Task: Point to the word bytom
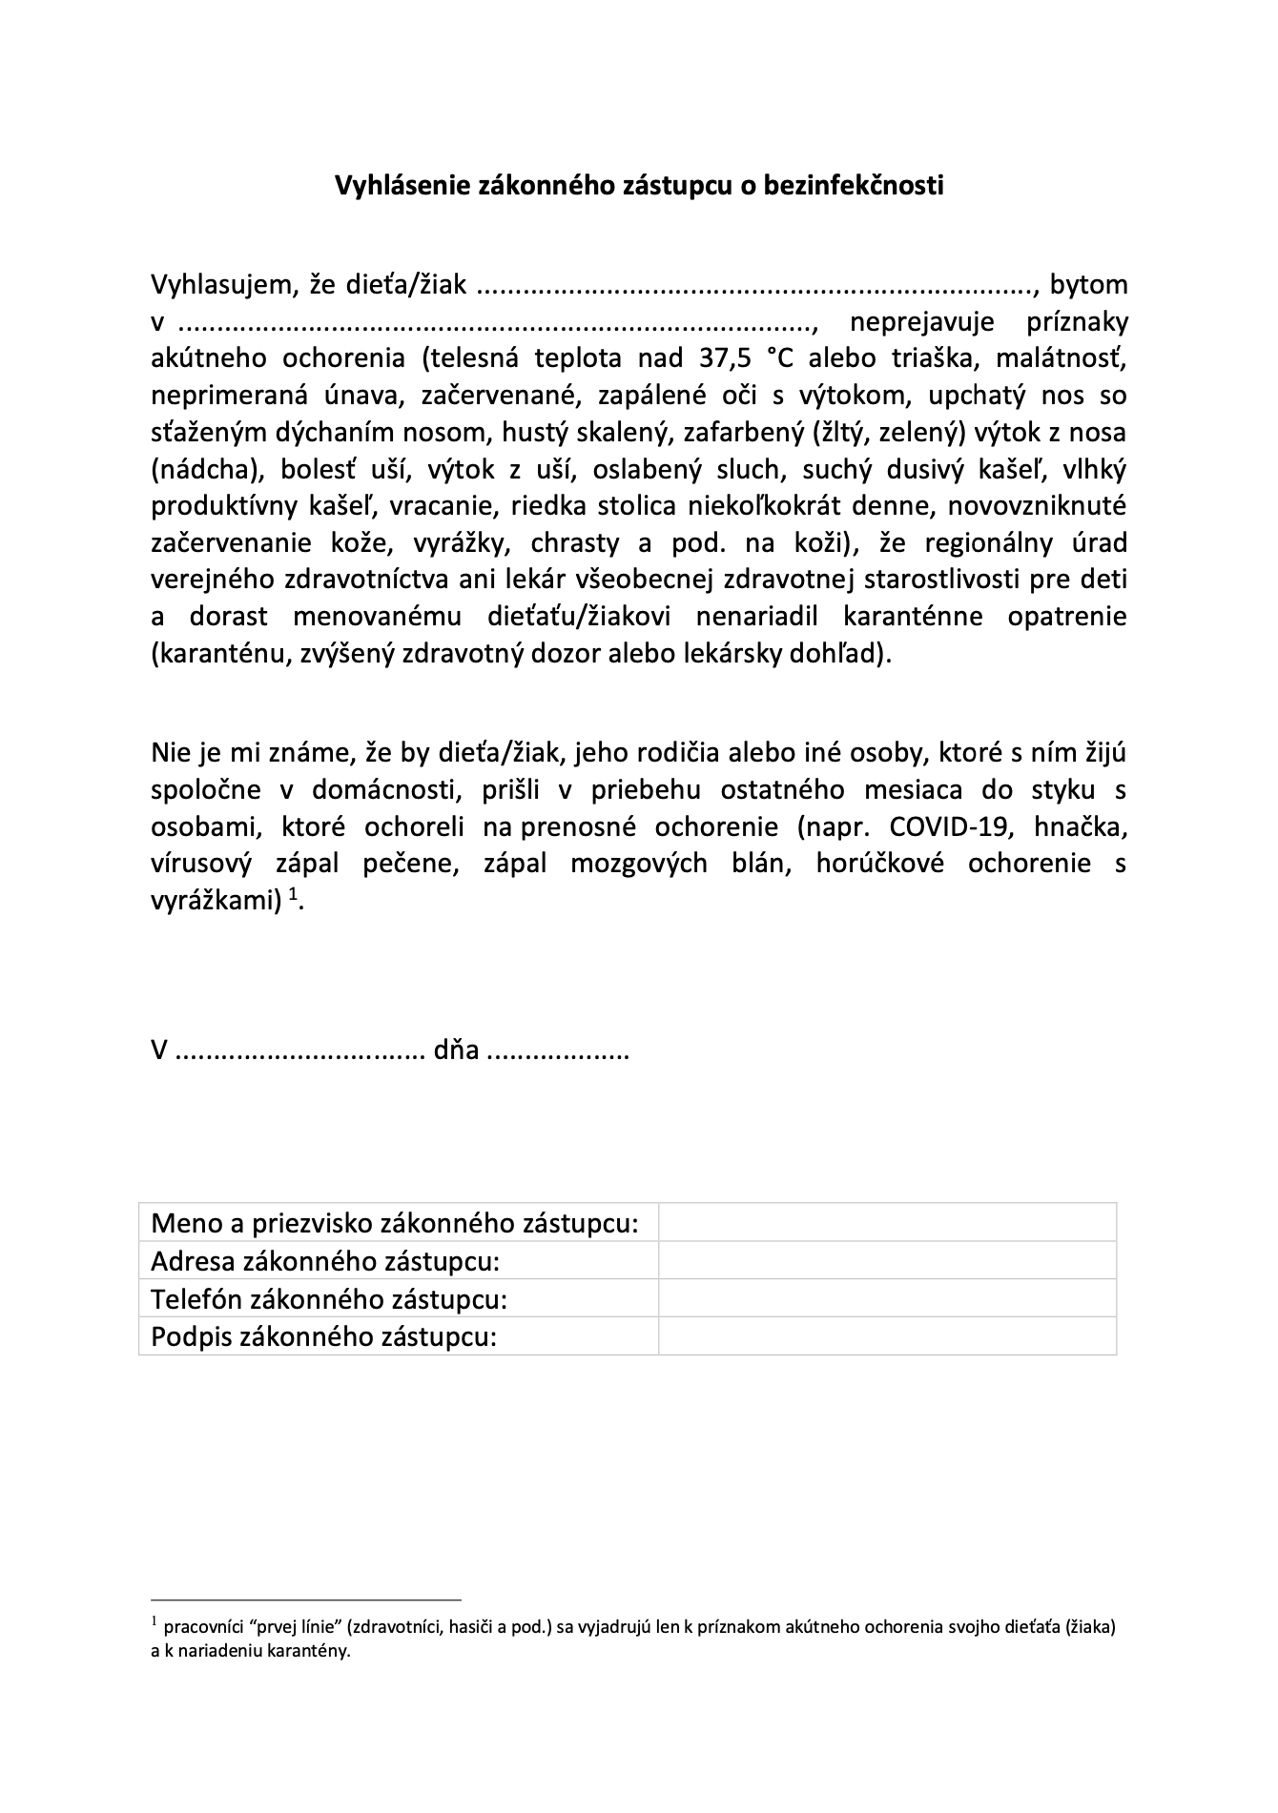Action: [1088, 284]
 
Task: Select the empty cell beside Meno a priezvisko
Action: [887, 1222]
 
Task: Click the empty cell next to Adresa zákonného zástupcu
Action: [887, 1260]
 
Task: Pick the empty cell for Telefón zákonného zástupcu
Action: [887, 1298]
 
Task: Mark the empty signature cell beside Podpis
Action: [887, 1336]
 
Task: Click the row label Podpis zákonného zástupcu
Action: [324, 1336]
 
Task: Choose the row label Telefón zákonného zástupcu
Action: [329, 1298]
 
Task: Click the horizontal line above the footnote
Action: [306, 1599]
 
